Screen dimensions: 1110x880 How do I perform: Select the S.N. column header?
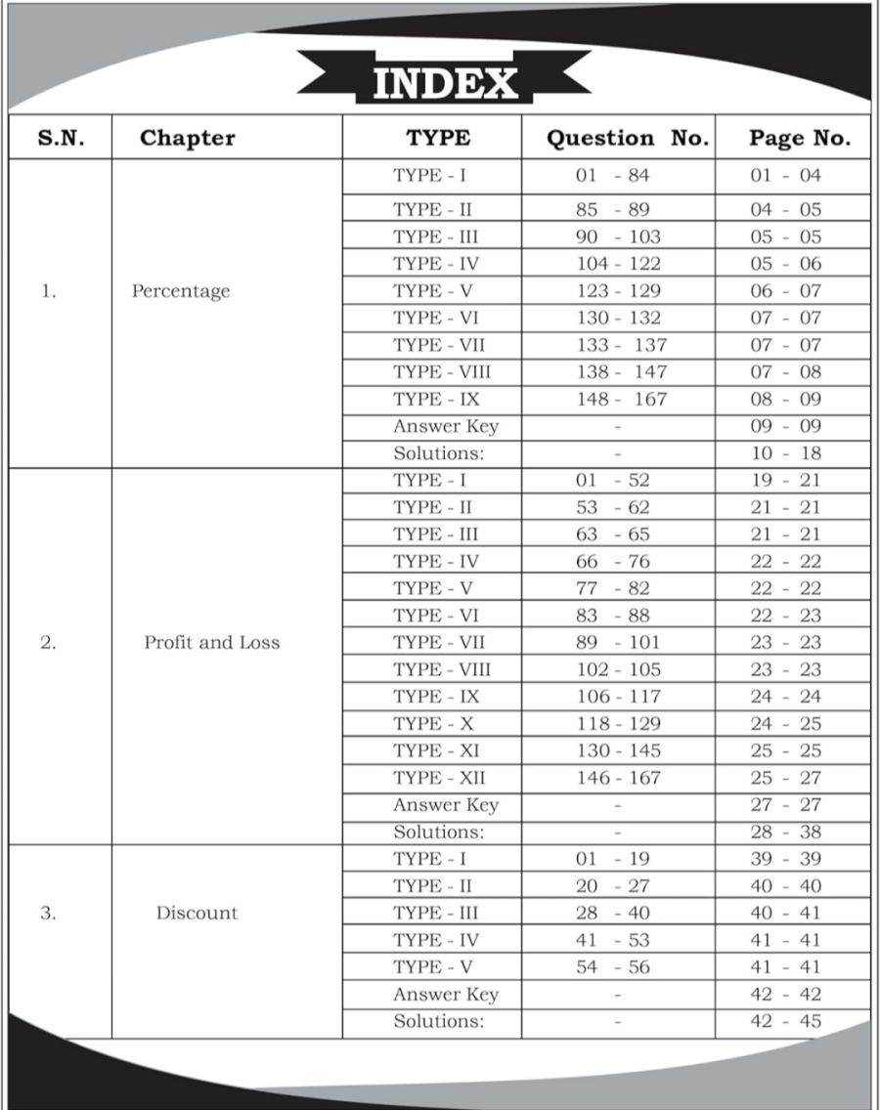pyautogui.click(x=61, y=138)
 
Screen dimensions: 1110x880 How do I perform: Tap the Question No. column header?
pyautogui.click(x=627, y=138)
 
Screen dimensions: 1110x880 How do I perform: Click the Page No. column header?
pyautogui.click(x=799, y=138)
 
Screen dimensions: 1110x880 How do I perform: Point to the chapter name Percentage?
pyautogui.click(x=181, y=291)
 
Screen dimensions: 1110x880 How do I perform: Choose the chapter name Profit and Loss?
pyautogui.click(x=211, y=643)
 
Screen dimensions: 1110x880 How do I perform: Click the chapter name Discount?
pyautogui.click(x=197, y=914)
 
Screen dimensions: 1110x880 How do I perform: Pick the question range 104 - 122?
pyautogui.click(x=618, y=264)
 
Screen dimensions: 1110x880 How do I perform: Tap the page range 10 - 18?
pyautogui.click(x=786, y=453)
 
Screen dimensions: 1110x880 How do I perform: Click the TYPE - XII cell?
pyautogui.click(x=439, y=778)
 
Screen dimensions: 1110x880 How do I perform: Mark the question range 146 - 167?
pyautogui.click(x=618, y=778)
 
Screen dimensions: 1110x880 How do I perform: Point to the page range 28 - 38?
pyautogui.click(x=786, y=832)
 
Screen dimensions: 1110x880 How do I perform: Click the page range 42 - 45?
pyautogui.click(x=786, y=1022)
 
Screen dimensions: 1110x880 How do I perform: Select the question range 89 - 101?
pyautogui.click(x=618, y=643)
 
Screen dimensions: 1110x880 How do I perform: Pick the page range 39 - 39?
pyautogui.click(x=786, y=859)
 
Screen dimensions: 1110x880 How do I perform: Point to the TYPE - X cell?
pyautogui.click(x=430, y=724)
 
